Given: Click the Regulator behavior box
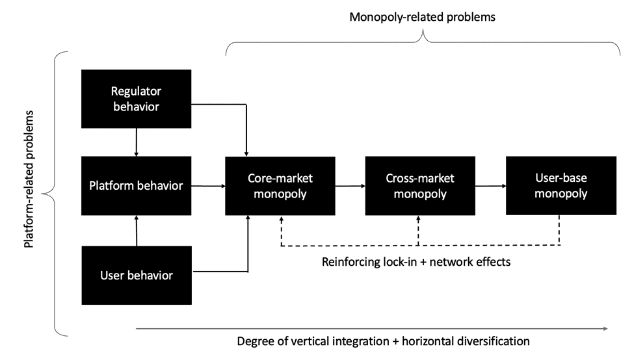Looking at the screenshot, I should click(x=136, y=98).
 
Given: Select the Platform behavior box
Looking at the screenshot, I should click(x=136, y=185).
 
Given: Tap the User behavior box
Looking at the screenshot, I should click(x=137, y=275).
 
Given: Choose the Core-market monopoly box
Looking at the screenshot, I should click(x=281, y=185).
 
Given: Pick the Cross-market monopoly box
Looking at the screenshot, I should click(x=420, y=185).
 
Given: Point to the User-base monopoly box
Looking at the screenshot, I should click(x=561, y=185).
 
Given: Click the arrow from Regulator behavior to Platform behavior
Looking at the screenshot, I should click(x=136, y=142).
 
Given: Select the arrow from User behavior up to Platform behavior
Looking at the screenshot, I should click(x=137, y=231).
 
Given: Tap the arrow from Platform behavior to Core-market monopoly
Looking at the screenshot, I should click(x=208, y=186).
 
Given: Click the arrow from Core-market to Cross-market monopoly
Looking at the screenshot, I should click(x=350, y=186).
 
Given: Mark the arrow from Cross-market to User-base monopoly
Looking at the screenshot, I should click(x=490, y=186).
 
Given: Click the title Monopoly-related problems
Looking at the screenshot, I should click(x=422, y=17).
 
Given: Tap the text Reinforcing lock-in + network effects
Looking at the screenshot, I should click(x=417, y=263).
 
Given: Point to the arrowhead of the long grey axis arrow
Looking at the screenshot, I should click(x=606, y=329).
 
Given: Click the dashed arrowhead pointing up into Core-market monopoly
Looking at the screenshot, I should click(x=282, y=219).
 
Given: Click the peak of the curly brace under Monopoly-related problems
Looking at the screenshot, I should click(x=423, y=38).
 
